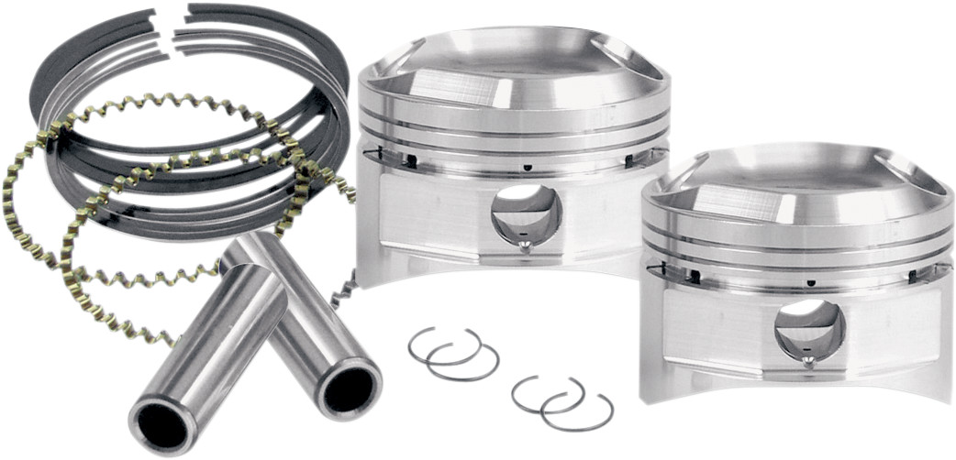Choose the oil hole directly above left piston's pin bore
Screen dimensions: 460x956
coord(528,166)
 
